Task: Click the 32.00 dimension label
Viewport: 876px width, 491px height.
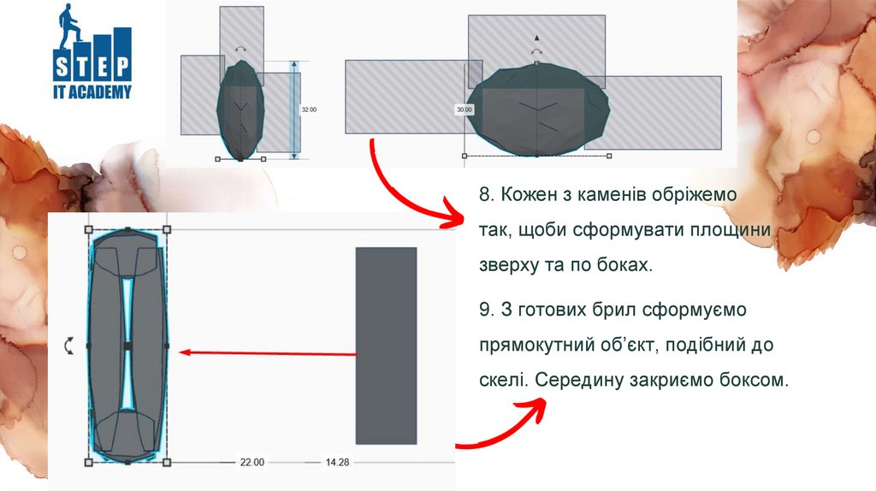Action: [309, 109]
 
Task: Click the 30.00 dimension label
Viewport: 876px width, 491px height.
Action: [465, 109]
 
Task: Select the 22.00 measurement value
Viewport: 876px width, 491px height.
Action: [252, 462]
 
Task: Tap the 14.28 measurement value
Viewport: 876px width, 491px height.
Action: [337, 462]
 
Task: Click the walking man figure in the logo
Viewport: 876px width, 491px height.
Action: [70, 25]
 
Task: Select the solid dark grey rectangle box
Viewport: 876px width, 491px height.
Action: [386, 346]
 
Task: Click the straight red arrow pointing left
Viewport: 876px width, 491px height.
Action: [268, 353]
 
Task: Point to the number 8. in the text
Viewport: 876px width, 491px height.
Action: [487, 194]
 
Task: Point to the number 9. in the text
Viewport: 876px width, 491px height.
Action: [487, 310]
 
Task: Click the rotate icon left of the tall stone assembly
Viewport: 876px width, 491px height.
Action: [68, 346]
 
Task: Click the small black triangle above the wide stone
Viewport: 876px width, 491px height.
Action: [536, 38]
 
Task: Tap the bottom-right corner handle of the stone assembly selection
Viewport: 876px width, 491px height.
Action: [167, 462]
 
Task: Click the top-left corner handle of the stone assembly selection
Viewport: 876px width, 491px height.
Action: [88, 229]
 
